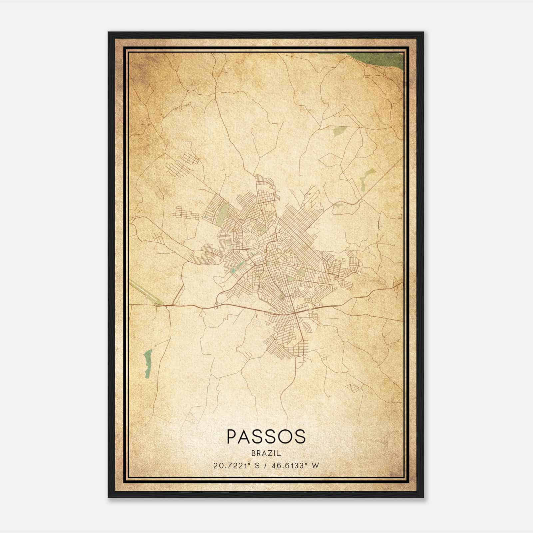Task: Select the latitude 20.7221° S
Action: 236,465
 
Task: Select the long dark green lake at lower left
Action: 148,363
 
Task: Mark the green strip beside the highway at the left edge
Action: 143,292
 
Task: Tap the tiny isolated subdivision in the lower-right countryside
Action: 352,387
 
